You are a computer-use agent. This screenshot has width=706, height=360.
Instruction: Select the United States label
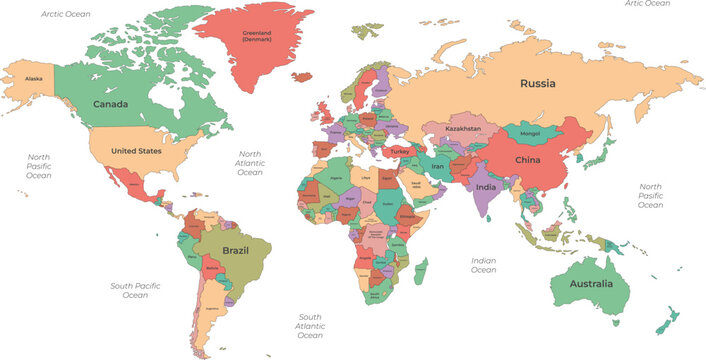(x=135, y=150)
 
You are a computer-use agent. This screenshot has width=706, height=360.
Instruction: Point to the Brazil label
(x=235, y=250)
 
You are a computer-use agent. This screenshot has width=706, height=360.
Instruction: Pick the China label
(x=527, y=160)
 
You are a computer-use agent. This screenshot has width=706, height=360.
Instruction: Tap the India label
(x=486, y=187)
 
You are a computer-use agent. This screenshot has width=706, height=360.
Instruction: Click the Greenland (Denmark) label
(x=257, y=36)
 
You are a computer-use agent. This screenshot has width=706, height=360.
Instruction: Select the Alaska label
(x=34, y=78)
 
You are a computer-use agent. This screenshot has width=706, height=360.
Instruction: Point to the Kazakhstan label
(x=463, y=129)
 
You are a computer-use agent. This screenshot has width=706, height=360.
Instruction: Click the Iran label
(x=438, y=167)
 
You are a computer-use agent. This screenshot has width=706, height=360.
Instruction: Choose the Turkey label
(x=400, y=152)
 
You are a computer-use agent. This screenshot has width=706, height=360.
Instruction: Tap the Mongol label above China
(x=531, y=131)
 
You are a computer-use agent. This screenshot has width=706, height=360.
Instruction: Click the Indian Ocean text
(x=483, y=265)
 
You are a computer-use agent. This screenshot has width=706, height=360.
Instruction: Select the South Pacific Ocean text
(x=135, y=291)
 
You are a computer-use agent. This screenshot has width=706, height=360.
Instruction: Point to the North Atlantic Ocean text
(x=249, y=164)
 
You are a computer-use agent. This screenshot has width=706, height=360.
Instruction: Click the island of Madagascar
(x=421, y=271)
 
